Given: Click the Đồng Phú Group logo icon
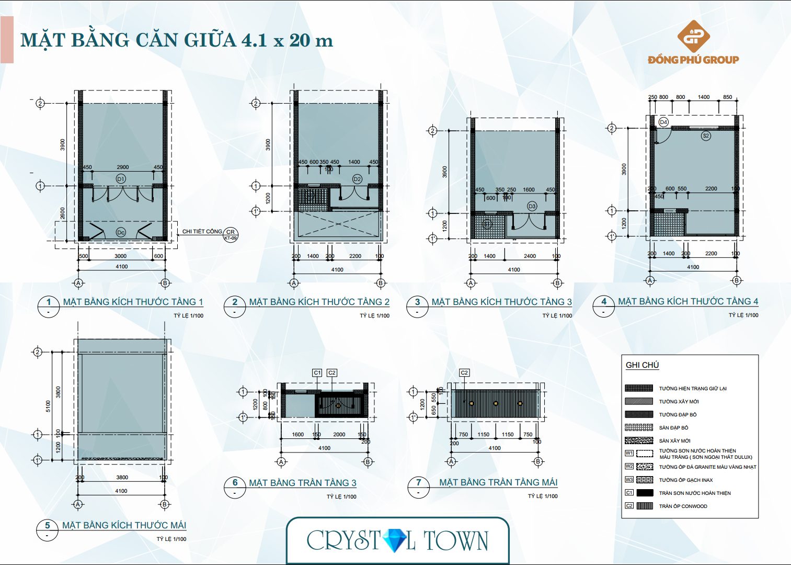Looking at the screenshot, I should pyautogui.click(x=693, y=37).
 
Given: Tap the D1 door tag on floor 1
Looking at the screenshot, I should pyautogui.click(x=121, y=179).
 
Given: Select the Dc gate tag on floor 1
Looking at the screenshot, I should pyautogui.click(x=121, y=232).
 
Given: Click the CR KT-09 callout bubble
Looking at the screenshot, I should pyautogui.click(x=231, y=234).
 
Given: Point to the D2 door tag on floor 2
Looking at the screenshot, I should pyautogui.click(x=357, y=179).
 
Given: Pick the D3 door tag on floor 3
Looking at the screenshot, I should pyautogui.click(x=532, y=206).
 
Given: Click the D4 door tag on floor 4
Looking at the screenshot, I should pyautogui.click(x=663, y=122).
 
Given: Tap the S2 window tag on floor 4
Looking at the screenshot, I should pyautogui.click(x=706, y=135).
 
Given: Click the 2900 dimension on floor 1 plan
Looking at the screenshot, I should pyautogui.click(x=123, y=167).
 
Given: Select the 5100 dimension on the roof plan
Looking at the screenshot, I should pyautogui.click(x=48, y=405).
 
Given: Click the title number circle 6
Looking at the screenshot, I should pyautogui.click(x=235, y=482).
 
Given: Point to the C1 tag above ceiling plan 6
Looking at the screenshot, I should pyautogui.click(x=317, y=372).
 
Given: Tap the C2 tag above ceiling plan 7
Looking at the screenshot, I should pyautogui.click(x=464, y=372).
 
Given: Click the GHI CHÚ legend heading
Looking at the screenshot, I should pyautogui.click(x=642, y=365).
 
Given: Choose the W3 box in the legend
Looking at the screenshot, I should pyautogui.click(x=629, y=480).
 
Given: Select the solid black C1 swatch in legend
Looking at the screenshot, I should pyautogui.click(x=645, y=493).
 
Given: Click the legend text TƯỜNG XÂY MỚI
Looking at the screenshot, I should pyautogui.click(x=679, y=402).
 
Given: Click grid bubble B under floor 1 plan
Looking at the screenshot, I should pyautogui.click(x=165, y=283).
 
